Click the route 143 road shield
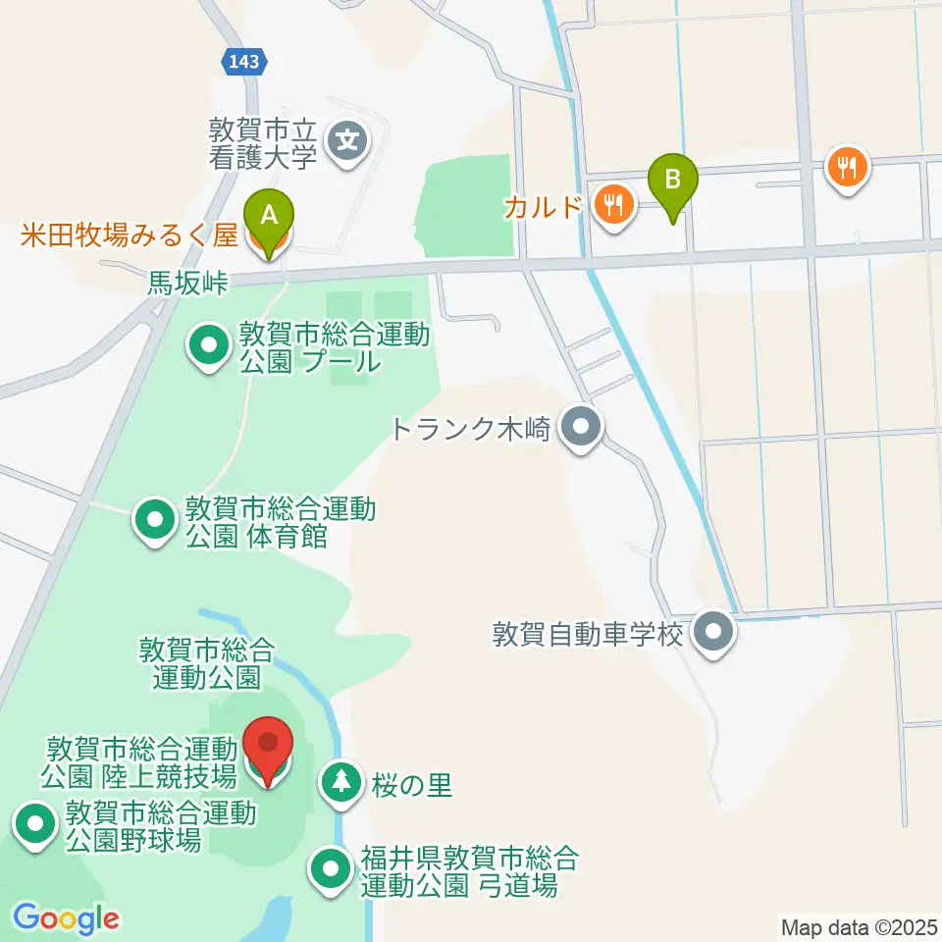point(241,61)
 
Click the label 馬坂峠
point(187,285)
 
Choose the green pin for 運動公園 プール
point(209,346)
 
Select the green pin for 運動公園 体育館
point(154,519)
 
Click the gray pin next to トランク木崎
point(581,428)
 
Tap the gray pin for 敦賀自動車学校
point(713,632)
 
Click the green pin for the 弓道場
point(329,868)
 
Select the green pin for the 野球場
point(36,824)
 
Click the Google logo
point(66,918)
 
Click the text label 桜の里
point(412,786)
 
